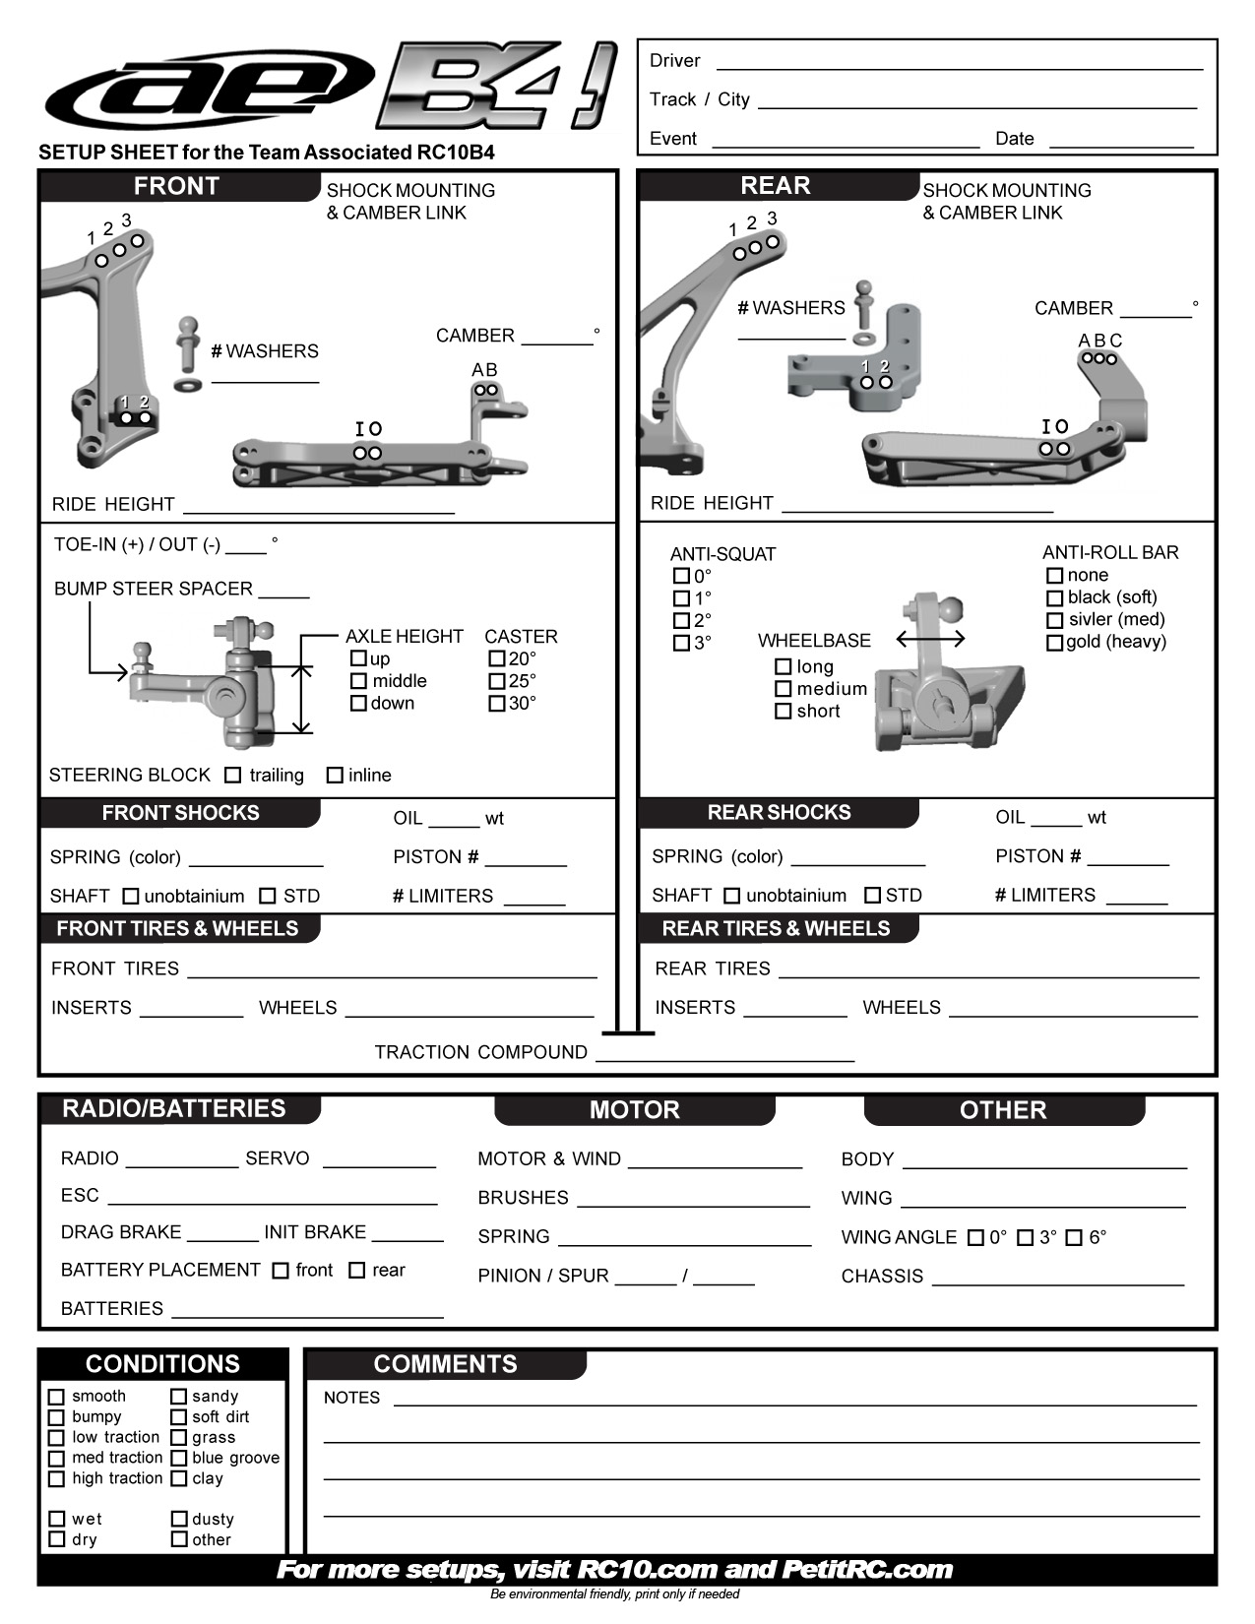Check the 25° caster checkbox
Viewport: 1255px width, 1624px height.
coord(497,681)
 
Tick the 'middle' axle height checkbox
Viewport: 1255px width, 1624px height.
coord(358,681)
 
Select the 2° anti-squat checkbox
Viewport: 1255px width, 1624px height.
coord(681,621)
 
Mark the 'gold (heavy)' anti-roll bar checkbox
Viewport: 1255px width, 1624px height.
coord(1054,643)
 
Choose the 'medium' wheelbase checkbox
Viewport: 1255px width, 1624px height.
coord(784,689)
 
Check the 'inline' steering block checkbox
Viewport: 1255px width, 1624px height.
coord(335,776)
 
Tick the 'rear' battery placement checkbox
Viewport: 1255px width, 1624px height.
coord(357,1271)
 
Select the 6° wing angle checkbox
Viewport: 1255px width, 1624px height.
coord(1074,1238)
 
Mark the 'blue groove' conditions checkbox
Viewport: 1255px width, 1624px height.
coord(179,1459)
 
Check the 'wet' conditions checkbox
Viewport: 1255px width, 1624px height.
coord(57,1520)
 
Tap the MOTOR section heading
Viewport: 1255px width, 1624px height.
coord(635,1110)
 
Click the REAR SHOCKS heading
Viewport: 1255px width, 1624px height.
coord(779,813)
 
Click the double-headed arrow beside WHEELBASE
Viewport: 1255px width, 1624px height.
coord(930,640)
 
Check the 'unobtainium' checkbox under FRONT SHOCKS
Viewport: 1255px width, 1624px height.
coord(131,897)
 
